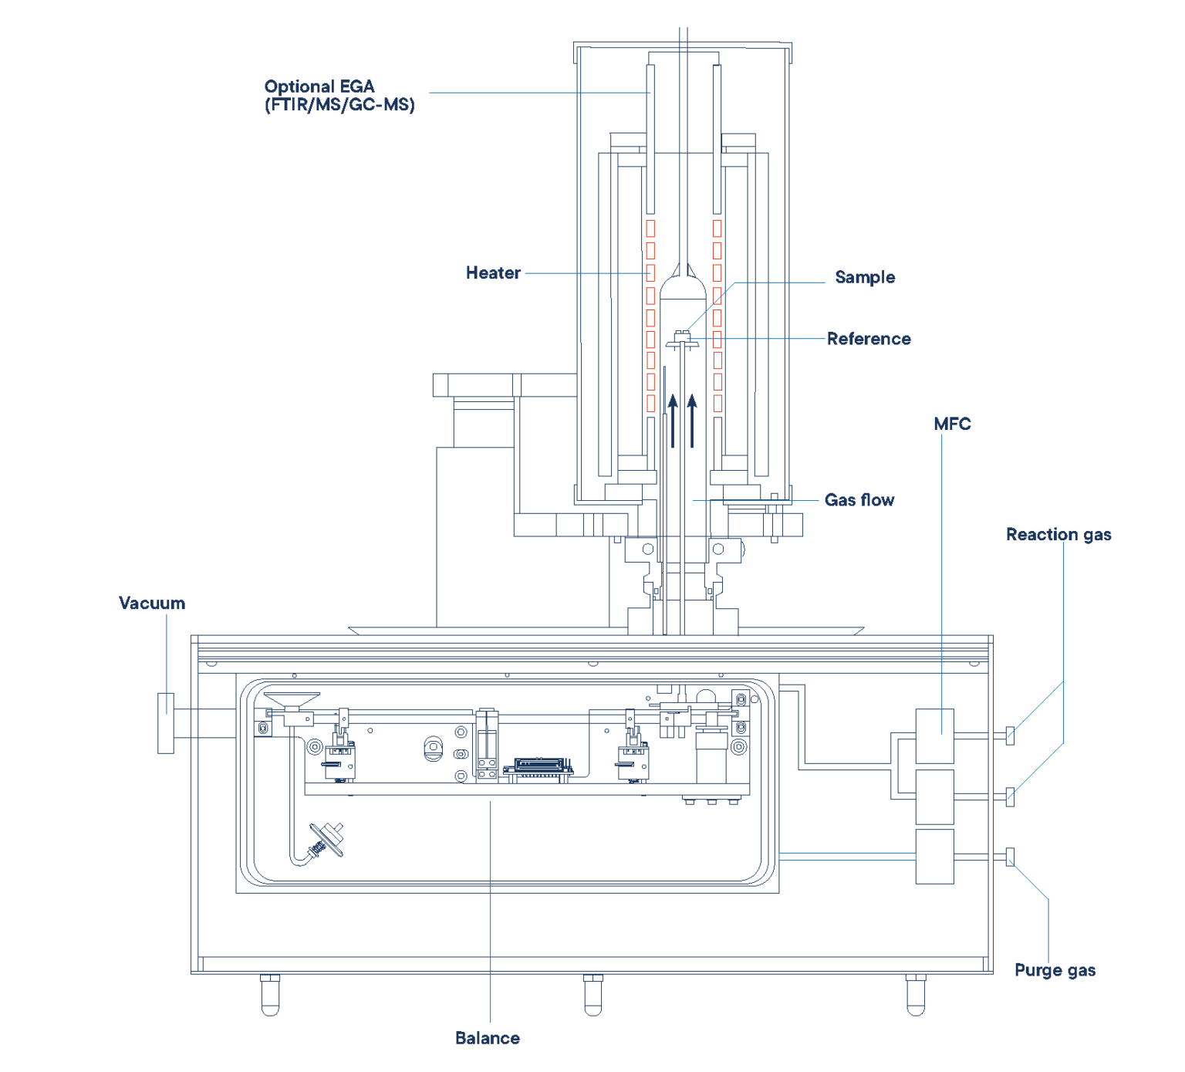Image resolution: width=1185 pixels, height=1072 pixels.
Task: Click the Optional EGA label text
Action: pyautogui.click(x=339, y=96)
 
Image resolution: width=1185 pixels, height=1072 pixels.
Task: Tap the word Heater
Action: pyautogui.click(x=493, y=273)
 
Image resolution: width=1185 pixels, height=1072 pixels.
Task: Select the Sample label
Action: pyautogui.click(x=865, y=277)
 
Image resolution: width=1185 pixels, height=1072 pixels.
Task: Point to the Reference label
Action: pyautogui.click(x=869, y=339)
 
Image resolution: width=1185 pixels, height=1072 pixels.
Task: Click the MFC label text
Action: pyautogui.click(x=952, y=424)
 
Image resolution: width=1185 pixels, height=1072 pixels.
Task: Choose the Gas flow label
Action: pyautogui.click(x=859, y=500)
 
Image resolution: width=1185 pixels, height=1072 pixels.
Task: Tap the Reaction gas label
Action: pyautogui.click(x=1058, y=535)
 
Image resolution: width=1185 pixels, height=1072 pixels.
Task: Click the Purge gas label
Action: pyautogui.click(x=1055, y=970)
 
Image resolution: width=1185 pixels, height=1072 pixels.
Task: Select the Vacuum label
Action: pyautogui.click(x=152, y=604)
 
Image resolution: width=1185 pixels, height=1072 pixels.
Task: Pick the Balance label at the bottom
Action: pyautogui.click(x=488, y=1038)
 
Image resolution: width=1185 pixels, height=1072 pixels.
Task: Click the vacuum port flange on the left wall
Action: pyautogui.click(x=166, y=723)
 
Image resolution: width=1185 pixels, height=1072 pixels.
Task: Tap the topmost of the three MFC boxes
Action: pyautogui.click(x=934, y=736)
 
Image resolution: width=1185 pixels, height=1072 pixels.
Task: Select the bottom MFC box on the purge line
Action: pyautogui.click(x=934, y=856)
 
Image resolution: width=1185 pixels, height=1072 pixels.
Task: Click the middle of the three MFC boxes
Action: pyautogui.click(x=934, y=796)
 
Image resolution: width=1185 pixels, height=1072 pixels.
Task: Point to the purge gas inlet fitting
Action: pyautogui.click(x=1010, y=857)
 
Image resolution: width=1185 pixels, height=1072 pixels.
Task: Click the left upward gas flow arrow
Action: pyautogui.click(x=673, y=421)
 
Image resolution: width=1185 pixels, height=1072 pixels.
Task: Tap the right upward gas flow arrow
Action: pyautogui.click(x=692, y=421)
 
